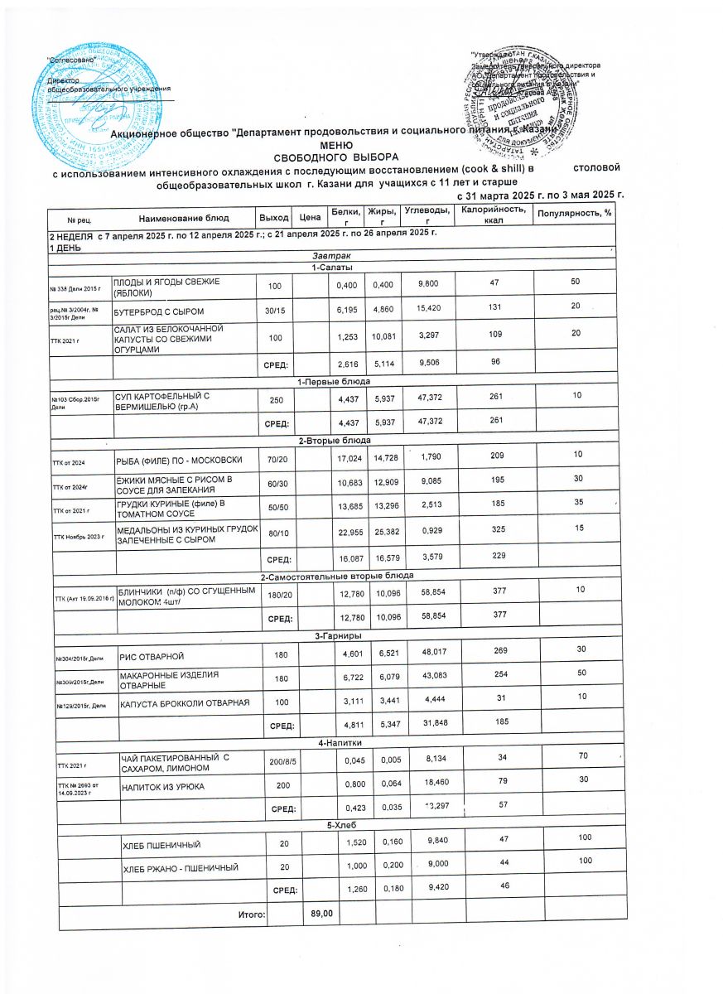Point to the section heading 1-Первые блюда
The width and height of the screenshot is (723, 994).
tap(335, 381)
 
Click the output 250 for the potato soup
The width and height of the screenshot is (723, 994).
tap(273, 398)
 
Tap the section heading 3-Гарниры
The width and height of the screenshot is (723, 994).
tap(335, 635)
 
